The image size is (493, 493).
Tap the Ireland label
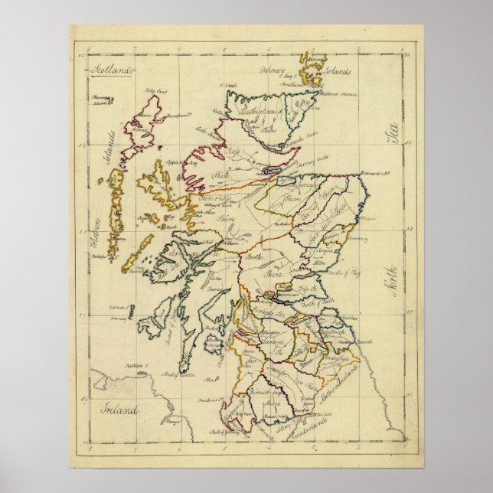point(122,411)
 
